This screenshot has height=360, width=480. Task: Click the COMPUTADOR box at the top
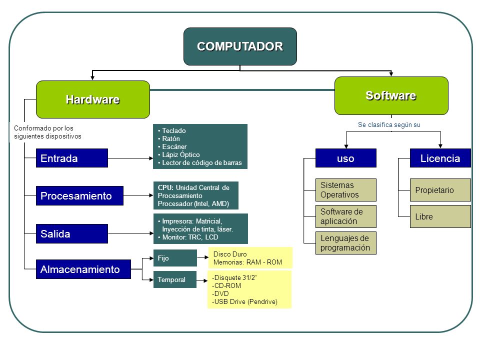pyautogui.click(x=240, y=46)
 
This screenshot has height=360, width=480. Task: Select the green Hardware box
pyautogui.click(x=93, y=99)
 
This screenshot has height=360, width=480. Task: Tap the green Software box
pyautogui.click(x=391, y=96)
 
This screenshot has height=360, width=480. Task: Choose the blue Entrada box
pyautogui.click(x=72, y=158)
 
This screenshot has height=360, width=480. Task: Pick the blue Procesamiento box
pyautogui.click(x=79, y=195)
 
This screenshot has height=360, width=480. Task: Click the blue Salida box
pyautogui.click(x=72, y=233)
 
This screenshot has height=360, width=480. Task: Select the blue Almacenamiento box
pyautogui.click(x=83, y=269)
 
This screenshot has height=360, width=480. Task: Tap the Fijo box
pyautogui.click(x=175, y=258)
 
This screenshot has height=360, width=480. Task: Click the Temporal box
pyautogui.click(x=175, y=279)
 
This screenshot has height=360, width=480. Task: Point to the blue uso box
pyautogui.click(x=346, y=158)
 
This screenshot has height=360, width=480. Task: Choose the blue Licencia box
pyautogui.click(x=440, y=158)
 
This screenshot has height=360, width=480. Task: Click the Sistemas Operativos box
pyautogui.click(x=346, y=190)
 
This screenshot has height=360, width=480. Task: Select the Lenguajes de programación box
pyautogui.click(x=346, y=243)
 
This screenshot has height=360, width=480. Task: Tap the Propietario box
pyautogui.click(x=440, y=190)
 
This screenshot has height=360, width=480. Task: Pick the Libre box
pyautogui.click(x=440, y=216)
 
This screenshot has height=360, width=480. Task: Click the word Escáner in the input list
pyautogui.click(x=174, y=146)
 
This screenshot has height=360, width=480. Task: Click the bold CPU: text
pyautogui.click(x=165, y=187)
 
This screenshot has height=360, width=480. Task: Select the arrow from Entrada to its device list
pyautogui.click(x=130, y=158)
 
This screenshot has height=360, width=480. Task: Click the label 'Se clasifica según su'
pyautogui.click(x=389, y=125)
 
